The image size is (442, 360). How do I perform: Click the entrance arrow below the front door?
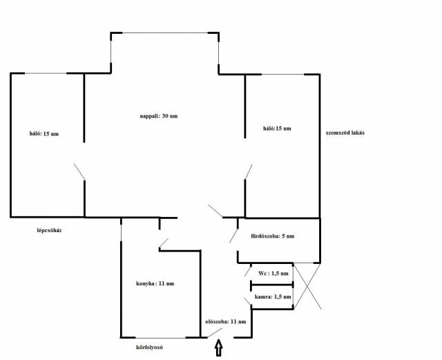tap(219, 348)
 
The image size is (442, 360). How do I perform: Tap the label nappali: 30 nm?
tap(159, 116)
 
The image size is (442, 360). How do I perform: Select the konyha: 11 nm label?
tap(155, 283)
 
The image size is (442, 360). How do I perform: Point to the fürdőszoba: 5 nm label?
tap(273, 236)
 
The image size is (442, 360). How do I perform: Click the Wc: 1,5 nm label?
tap(273, 274)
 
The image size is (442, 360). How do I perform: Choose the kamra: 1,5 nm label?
tap(273, 297)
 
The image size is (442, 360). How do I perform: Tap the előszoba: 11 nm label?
tap(226, 321)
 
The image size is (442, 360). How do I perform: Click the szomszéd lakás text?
tap(345, 133)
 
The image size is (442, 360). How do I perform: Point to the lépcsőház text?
tap(49, 230)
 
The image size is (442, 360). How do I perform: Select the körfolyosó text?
tap(149, 348)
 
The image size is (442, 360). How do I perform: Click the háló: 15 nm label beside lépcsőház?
tap(44, 134)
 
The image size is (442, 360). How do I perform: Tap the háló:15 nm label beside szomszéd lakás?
tap(277, 129)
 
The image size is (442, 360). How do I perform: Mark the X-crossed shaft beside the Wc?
tap(307, 286)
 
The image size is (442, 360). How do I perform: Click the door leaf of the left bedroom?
tap(79, 171)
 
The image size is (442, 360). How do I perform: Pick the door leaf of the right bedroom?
tap(249, 172)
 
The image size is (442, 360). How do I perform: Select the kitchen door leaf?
tap(164, 243)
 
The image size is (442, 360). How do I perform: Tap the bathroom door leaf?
tap(233, 236)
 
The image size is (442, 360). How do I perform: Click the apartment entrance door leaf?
tap(215, 333)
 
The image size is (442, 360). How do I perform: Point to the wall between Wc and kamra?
tap(272, 285)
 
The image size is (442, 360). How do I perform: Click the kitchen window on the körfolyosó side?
tap(161, 338)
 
